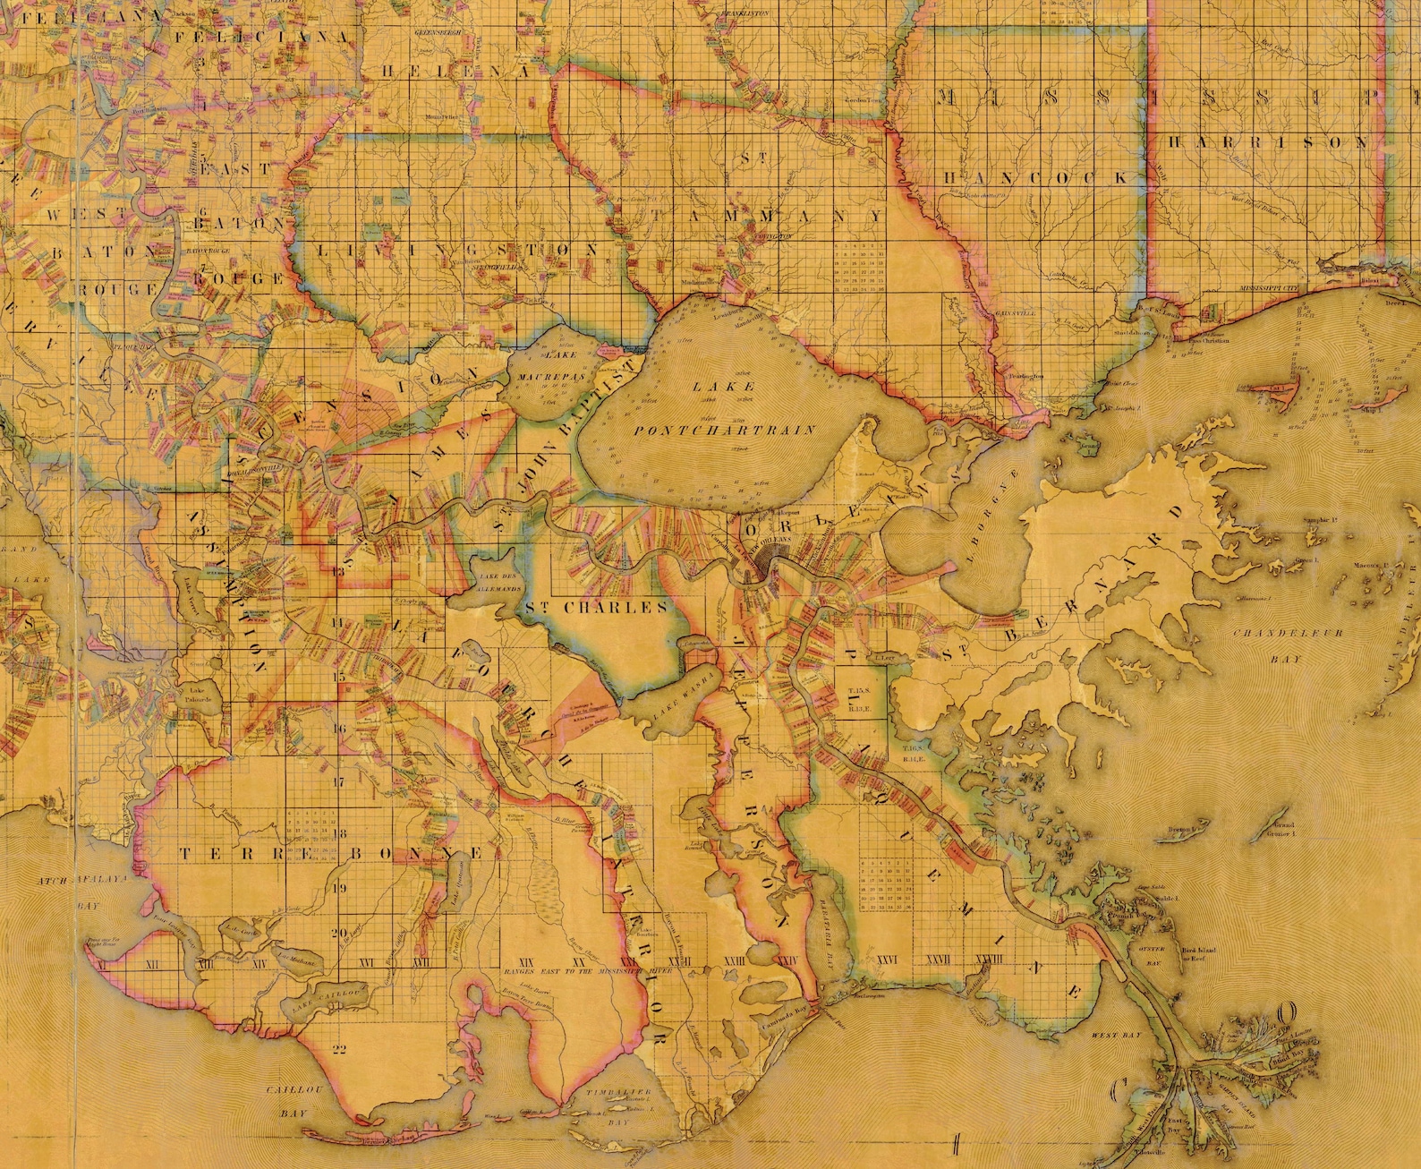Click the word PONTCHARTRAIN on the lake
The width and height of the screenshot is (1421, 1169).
click(x=725, y=431)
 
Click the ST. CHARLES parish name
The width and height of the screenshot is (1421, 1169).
click(x=596, y=607)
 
